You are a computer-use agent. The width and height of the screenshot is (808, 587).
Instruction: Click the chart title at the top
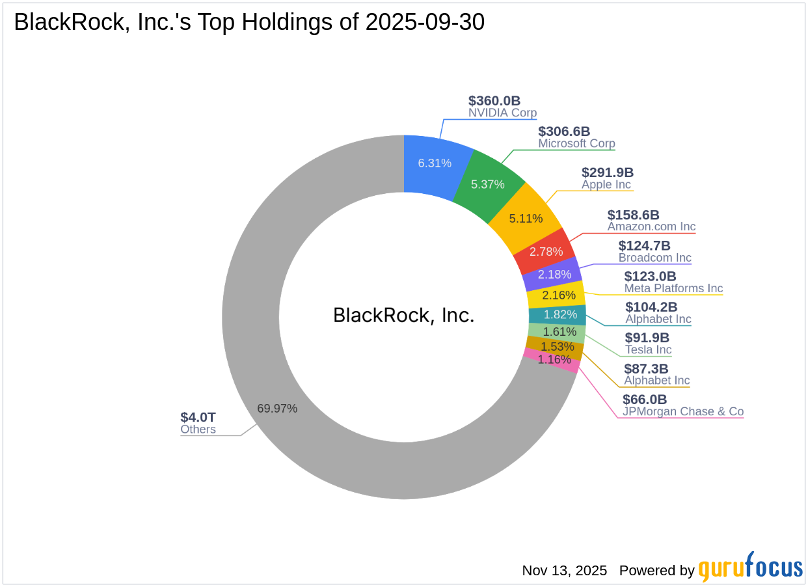point(249,23)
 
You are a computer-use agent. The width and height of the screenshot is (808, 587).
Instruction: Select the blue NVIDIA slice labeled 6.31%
point(434,163)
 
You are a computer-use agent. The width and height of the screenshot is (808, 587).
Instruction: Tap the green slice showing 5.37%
point(488,184)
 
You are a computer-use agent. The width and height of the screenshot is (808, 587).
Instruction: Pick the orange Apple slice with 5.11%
point(526,218)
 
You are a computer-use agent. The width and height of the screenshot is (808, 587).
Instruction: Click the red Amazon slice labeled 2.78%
point(546,251)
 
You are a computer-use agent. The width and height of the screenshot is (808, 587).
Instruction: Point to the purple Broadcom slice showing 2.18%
point(554,274)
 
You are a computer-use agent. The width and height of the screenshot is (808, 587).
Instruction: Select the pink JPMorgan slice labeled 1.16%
point(554,359)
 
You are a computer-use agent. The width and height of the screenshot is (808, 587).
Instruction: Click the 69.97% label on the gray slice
point(277,409)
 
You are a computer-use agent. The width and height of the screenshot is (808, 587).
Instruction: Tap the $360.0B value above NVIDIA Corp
point(494,101)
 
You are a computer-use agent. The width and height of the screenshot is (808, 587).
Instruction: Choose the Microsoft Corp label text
point(576,144)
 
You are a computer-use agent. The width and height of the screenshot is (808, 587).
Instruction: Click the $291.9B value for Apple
point(608,172)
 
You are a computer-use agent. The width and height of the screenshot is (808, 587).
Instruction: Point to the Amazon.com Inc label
point(651,227)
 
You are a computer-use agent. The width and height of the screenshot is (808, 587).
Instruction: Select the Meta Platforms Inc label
point(673,288)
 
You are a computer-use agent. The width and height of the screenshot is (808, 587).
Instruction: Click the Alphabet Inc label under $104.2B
point(658,320)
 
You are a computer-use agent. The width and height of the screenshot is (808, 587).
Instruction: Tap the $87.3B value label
point(646,369)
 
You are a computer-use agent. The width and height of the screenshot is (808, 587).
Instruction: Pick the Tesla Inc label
point(648,350)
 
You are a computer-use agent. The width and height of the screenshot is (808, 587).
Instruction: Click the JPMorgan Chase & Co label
point(682,412)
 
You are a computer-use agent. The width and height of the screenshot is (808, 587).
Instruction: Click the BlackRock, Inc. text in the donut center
point(404,316)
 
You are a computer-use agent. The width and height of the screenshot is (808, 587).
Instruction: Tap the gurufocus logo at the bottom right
point(750,568)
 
